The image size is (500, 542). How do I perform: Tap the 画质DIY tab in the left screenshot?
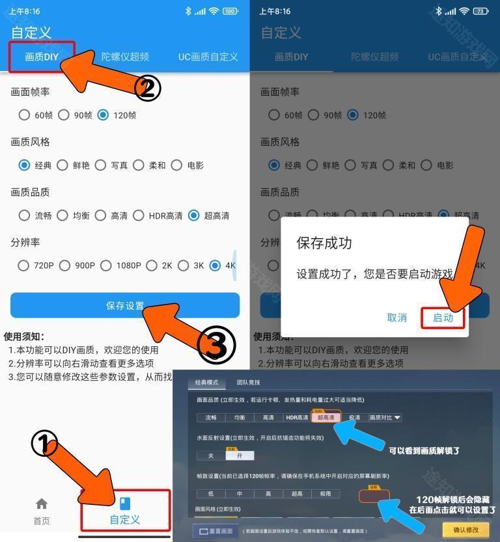[x=42, y=57]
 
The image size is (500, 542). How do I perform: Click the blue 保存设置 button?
[x=125, y=305]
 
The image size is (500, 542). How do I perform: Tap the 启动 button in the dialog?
[x=443, y=318]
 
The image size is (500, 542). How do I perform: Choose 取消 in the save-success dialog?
[x=396, y=318]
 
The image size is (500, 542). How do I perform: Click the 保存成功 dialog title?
[x=324, y=243]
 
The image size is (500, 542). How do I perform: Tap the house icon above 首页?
[x=42, y=504]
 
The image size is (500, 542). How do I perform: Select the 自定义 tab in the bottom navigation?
[x=125, y=511]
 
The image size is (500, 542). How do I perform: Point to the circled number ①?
[x=44, y=444]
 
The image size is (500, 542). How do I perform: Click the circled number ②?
[x=147, y=88]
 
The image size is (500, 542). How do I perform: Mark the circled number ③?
[x=216, y=346]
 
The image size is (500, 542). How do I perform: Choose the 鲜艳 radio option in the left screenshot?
[x=62, y=165]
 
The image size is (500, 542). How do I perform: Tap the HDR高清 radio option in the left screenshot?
[x=139, y=215]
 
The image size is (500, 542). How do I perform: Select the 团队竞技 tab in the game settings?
[x=248, y=383]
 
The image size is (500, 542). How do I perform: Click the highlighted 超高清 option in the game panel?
[x=326, y=418]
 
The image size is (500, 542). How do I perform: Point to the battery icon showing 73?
[x=480, y=11]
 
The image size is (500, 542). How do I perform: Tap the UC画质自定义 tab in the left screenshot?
[x=208, y=57]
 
